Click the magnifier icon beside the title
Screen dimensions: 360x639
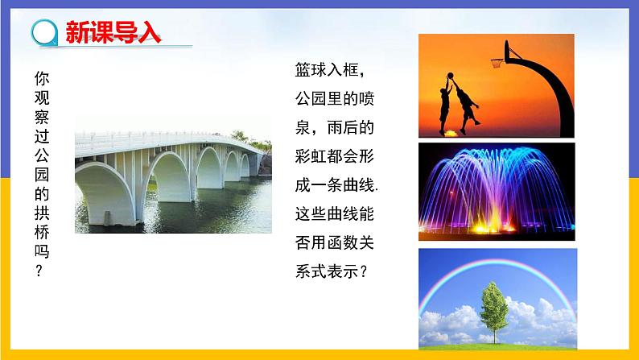point(43,33)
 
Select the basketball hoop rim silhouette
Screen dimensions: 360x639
point(501,62)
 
